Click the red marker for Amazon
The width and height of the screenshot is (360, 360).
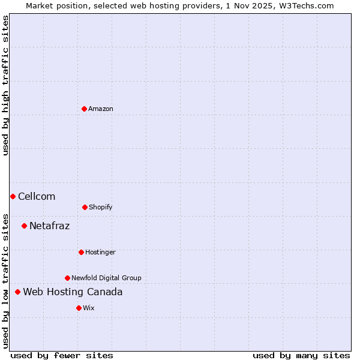coord(84,109)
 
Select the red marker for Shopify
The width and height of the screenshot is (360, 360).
coord(85,207)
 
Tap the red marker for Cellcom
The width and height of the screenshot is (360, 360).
coord(13,196)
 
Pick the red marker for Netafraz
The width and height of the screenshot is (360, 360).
coord(24,226)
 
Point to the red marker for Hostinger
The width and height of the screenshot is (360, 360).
coord(81,252)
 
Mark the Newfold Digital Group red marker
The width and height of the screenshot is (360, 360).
coord(67,278)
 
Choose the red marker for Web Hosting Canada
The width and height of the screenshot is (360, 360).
coord(17,292)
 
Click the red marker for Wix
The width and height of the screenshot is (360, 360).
coord(79,308)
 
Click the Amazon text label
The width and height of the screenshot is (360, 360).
coord(101,109)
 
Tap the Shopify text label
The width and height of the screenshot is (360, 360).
coord(101,207)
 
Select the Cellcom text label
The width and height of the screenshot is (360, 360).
coord(37,196)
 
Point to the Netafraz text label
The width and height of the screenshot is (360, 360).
coord(49,226)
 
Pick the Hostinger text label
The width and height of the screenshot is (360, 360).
coord(100,252)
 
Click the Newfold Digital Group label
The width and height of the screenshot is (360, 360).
coord(106,278)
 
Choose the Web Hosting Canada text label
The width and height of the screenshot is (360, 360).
coord(73,292)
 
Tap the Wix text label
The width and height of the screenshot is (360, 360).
coord(89,308)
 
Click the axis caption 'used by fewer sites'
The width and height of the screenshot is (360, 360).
coord(62,355)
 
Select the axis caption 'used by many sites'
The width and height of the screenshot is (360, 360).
coord(301,355)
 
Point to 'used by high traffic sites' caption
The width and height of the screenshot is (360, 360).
coord(5,86)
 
